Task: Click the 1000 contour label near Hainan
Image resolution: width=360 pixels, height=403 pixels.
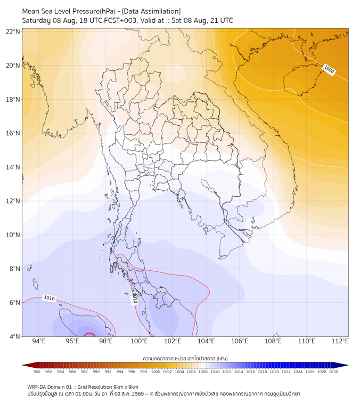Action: [x=329, y=70]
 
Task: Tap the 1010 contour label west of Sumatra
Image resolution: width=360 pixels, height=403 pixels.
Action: [x=50, y=298]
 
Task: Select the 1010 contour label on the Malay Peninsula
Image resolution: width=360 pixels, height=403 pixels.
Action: [x=134, y=299]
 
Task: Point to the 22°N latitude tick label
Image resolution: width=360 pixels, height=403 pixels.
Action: [x=13, y=31]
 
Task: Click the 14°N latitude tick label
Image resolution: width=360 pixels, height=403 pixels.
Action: [x=13, y=167]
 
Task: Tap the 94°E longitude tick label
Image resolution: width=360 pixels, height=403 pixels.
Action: [x=39, y=341]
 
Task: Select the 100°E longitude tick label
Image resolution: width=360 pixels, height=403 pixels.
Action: [x=140, y=341]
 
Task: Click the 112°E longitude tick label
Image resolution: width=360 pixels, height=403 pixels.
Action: [x=340, y=341]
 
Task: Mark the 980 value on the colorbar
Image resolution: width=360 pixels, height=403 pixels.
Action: [x=37, y=372]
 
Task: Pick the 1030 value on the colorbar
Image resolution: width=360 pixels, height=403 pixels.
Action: [x=333, y=372]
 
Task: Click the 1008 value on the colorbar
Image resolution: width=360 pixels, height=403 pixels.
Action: [x=203, y=372]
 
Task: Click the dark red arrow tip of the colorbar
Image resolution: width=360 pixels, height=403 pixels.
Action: [x=23, y=365]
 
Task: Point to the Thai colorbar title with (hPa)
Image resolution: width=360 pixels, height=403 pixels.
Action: [x=185, y=358]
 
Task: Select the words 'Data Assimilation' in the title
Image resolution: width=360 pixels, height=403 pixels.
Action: [x=151, y=11]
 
